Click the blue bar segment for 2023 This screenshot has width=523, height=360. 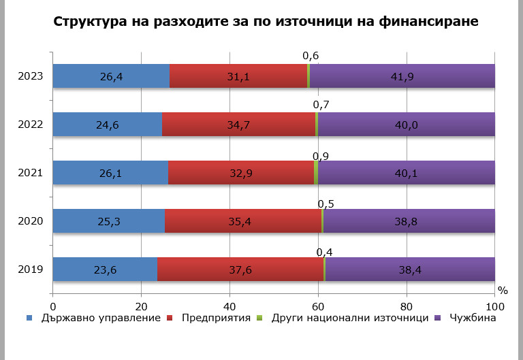tap(111, 76)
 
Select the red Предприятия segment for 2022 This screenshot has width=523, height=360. tap(238, 124)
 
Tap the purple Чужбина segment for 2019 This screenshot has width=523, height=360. tap(409, 269)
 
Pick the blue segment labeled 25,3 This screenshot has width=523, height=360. tap(108, 220)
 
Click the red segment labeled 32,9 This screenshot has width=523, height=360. tap(240, 172)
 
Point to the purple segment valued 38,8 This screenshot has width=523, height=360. tap(409, 220)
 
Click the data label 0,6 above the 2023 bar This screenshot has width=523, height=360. tap(311, 56)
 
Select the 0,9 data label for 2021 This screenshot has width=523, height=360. tap(321, 155)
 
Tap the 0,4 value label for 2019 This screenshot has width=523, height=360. tap(324, 252)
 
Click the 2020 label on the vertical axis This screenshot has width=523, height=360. tap(31, 220)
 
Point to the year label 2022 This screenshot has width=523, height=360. tap(31, 124)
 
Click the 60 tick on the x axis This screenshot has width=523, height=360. tap(318, 305)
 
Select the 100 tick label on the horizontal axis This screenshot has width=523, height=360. tap(495, 305)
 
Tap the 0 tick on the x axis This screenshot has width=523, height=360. tap(52, 305)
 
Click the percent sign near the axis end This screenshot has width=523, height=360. tap(503, 289)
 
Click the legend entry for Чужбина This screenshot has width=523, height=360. tap(469, 318)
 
